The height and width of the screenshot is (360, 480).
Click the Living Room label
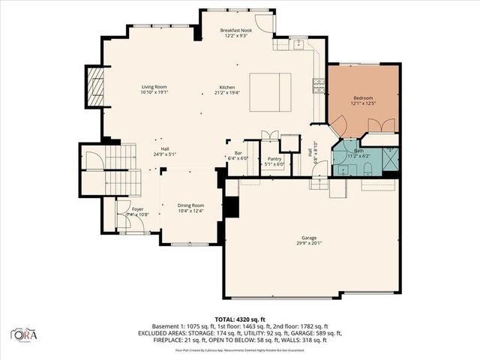pos(154,88)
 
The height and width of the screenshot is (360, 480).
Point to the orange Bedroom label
pos(363,98)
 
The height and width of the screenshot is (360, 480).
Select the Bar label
pos(238,152)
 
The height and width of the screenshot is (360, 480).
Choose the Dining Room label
pos(190,205)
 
